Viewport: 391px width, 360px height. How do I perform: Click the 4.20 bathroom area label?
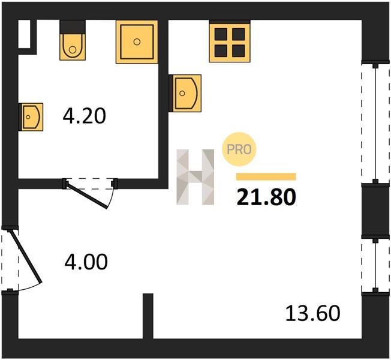coord(85,116)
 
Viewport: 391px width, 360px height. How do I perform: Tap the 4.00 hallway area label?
coord(86,262)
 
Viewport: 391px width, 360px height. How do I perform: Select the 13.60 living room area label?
coord(312,313)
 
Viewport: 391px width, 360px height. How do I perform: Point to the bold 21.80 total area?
coord(266,197)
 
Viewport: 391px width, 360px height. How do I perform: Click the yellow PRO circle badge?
coord(239,149)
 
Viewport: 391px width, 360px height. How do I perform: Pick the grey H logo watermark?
coord(195,177)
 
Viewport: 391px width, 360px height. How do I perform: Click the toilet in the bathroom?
coord(73,40)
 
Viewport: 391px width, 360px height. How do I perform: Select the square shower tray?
coord(137,42)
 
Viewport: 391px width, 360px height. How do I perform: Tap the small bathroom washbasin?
coord(31,117)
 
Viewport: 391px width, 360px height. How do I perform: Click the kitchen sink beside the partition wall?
coord(185,94)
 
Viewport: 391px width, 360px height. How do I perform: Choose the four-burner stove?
coord(230,41)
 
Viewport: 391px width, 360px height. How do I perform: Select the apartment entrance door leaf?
coord(25,257)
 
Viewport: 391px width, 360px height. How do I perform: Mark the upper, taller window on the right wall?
coord(375,123)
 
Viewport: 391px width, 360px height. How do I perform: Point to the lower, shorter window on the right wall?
coord(375,265)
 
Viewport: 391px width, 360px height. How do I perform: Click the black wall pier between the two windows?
coord(375,211)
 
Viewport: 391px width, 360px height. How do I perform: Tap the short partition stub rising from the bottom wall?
coord(148,316)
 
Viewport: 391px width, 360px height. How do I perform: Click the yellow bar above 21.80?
coord(266,176)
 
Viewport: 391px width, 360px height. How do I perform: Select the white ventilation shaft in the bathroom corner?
coord(25,34)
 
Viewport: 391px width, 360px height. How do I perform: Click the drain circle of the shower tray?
coord(137,42)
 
